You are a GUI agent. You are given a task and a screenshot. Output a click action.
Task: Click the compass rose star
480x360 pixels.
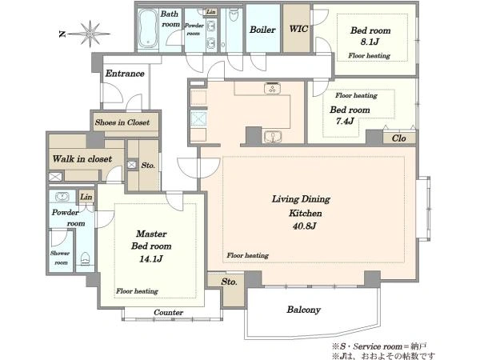click(90, 34)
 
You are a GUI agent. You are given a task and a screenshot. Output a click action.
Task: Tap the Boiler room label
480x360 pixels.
click(262, 30)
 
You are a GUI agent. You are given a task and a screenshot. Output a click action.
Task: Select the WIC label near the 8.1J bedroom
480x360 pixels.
click(298, 29)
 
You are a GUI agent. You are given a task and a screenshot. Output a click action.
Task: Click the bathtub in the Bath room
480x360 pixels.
click(148, 29)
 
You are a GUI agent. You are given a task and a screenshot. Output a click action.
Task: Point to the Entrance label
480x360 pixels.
click(125, 74)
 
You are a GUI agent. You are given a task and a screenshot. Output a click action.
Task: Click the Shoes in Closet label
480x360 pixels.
click(122, 122)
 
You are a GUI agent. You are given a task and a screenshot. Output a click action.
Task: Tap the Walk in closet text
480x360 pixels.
click(82, 159)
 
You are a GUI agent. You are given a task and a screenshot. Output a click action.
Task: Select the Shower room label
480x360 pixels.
click(60, 258)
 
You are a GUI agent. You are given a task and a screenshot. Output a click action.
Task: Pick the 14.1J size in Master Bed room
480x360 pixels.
click(150, 259)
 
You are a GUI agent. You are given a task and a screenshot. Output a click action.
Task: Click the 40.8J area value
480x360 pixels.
click(304, 226)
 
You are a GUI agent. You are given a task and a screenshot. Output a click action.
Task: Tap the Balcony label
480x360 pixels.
click(303, 310)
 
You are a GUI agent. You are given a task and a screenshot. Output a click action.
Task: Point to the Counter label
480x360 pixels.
click(168, 313)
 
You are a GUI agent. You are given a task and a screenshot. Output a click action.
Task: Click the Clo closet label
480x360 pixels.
click(398, 138)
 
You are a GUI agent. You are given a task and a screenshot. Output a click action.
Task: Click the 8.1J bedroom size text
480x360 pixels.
click(370, 42)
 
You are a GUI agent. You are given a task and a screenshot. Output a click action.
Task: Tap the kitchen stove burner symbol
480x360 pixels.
click(272, 89)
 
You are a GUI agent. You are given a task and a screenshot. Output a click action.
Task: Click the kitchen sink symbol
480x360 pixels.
click(272, 137)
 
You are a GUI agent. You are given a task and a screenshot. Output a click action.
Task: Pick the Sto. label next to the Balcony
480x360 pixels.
click(229, 282)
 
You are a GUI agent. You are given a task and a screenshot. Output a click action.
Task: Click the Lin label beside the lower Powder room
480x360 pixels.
click(86, 197)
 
